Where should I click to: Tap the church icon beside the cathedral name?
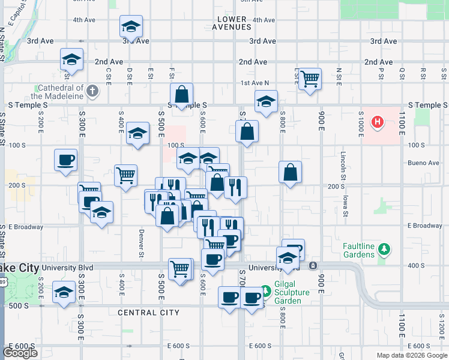92,91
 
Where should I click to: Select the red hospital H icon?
378,123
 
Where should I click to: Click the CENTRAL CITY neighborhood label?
148,313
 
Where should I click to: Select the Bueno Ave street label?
423,163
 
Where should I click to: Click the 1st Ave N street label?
255,83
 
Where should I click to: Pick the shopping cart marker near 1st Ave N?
310,79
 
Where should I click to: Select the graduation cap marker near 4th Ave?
131,26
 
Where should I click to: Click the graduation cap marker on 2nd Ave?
71,59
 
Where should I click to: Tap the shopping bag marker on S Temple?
181,95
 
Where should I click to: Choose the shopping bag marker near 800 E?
291,172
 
